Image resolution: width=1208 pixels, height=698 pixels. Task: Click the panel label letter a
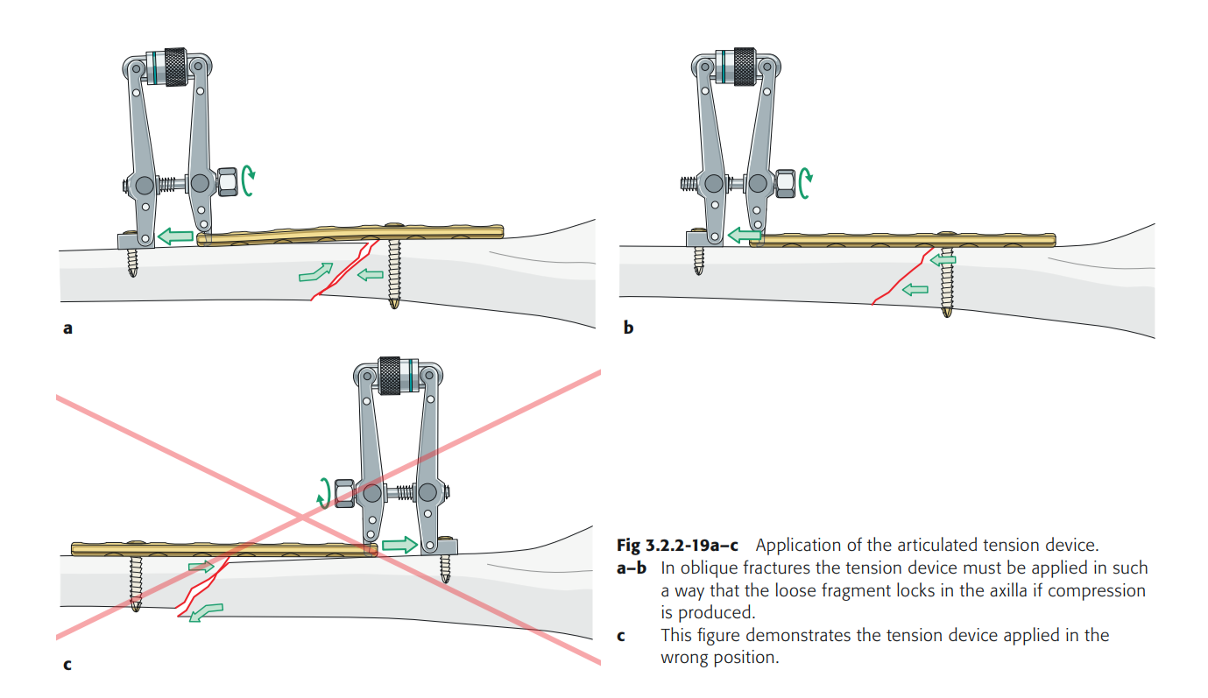click(x=67, y=329)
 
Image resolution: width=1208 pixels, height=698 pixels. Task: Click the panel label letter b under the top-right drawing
click(x=628, y=328)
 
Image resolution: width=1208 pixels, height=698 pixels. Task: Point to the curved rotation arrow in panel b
click(x=806, y=180)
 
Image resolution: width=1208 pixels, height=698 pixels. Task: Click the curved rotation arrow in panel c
click(x=324, y=492)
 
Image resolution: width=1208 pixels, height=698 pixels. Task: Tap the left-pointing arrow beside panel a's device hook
click(x=175, y=236)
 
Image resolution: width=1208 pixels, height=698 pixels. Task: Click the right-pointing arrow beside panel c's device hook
click(x=399, y=544)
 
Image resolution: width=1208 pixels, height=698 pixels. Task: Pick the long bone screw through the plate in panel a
click(x=394, y=273)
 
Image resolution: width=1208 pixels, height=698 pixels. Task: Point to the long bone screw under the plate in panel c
click(x=136, y=582)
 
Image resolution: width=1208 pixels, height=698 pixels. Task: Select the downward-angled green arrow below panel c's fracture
click(x=206, y=610)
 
